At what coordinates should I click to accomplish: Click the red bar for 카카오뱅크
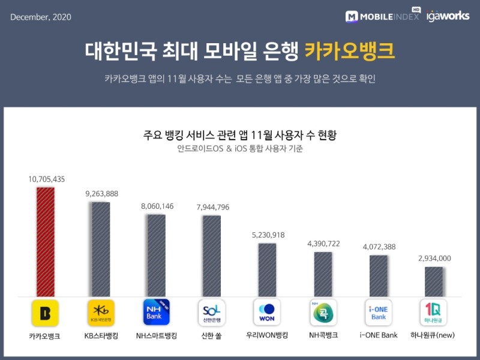click(x=45, y=241)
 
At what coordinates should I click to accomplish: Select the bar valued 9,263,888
click(x=101, y=249)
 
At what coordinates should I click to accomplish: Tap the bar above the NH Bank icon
click(x=156, y=255)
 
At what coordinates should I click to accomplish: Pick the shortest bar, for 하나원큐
click(x=434, y=281)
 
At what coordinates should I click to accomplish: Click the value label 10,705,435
click(x=46, y=179)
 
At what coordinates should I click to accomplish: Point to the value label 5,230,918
click(x=268, y=235)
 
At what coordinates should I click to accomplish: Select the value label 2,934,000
click(x=434, y=258)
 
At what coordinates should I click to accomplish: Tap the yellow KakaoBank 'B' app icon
click(x=45, y=312)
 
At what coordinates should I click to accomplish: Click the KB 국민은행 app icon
click(x=101, y=312)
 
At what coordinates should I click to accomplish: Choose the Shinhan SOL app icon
click(x=211, y=312)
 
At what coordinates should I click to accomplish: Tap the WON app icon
click(x=267, y=312)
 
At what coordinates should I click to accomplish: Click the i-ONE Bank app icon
click(x=379, y=312)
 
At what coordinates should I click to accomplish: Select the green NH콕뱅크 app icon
click(x=323, y=312)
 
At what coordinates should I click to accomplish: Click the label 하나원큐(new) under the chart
click(x=434, y=336)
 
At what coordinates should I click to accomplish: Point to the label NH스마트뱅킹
click(x=156, y=336)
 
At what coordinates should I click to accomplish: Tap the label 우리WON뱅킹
click(x=267, y=336)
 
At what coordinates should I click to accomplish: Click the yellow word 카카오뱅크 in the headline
click(x=349, y=51)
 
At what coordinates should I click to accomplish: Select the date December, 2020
click(x=41, y=17)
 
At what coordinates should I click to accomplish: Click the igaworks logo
click(x=448, y=16)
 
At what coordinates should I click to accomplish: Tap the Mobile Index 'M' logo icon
click(x=352, y=17)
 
